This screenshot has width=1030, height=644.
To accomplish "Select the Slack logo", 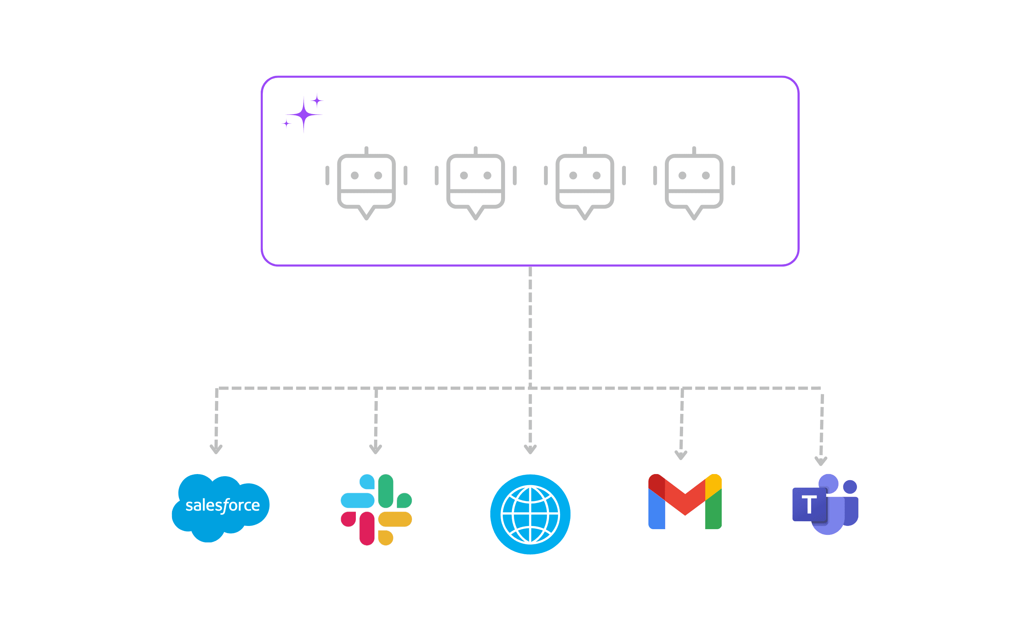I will point(376,509).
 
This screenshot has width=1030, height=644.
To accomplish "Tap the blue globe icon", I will point(530,514).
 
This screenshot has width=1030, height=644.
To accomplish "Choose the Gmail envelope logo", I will point(685,501).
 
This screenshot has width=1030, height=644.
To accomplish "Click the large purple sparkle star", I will point(304,114).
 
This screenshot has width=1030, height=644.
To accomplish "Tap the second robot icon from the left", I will point(475,183).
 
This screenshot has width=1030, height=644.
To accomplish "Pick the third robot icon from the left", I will point(584,183).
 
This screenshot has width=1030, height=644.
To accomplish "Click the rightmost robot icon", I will point(694,183).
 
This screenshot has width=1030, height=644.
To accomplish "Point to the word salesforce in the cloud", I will point(222,505).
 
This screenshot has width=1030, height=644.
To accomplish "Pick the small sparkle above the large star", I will point(317,101).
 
